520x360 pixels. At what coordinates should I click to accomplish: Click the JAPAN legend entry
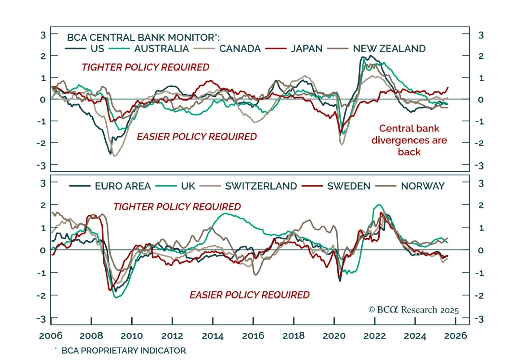point(306,49)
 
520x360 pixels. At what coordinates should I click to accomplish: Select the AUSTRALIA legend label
point(161,49)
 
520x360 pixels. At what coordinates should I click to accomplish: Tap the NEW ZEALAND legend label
point(389,49)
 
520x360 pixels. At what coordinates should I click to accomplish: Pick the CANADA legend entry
point(240,49)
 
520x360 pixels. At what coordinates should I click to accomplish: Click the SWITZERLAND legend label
point(261,186)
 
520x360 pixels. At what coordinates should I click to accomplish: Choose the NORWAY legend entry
point(422,186)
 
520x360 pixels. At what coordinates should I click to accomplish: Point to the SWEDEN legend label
point(349,186)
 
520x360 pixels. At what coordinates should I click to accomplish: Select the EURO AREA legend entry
point(123,186)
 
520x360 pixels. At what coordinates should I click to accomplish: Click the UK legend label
point(188,186)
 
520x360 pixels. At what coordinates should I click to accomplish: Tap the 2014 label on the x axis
point(213,336)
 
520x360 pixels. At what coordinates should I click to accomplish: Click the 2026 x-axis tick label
point(455,336)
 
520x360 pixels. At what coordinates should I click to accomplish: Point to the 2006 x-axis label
point(51,336)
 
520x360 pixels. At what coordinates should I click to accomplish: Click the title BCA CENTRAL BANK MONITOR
point(143,37)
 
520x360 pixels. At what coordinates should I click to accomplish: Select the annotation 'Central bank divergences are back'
point(409,140)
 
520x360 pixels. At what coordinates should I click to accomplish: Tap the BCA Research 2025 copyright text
point(413,310)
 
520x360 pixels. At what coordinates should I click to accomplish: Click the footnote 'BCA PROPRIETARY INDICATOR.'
point(124,351)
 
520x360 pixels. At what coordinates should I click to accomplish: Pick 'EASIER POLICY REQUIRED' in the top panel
point(197,137)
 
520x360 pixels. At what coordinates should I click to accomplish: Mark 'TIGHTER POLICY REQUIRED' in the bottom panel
point(177,207)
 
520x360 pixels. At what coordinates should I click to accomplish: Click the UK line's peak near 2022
point(379,205)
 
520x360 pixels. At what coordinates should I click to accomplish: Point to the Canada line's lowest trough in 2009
point(114,156)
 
